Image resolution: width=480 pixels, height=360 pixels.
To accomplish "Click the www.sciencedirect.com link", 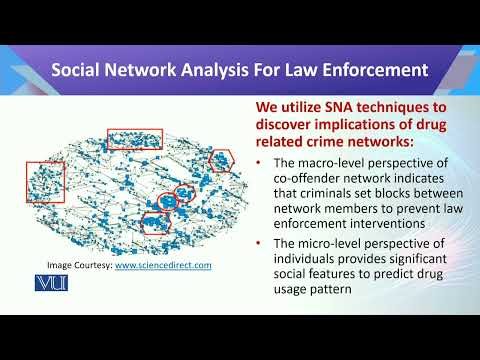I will click(x=163, y=265).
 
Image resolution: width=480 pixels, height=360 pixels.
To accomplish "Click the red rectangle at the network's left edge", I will click(x=46, y=182).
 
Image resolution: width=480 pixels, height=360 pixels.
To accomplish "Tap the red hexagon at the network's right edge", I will click(x=221, y=161).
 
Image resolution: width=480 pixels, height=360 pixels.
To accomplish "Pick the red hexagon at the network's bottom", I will click(x=155, y=222).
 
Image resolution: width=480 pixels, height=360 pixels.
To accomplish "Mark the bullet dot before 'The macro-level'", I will click(x=260, y=163).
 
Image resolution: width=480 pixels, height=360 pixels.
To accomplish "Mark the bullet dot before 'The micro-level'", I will click(x=260, y=245).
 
